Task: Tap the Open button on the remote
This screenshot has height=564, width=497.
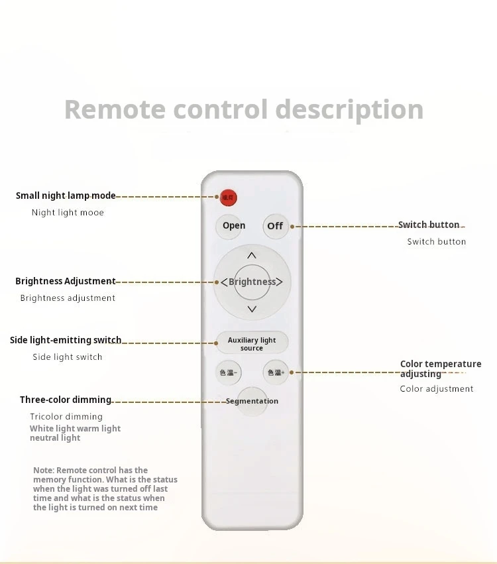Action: pos(234,226)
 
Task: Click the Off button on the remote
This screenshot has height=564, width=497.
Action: pos(275,226)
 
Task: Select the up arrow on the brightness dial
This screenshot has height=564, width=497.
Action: pos(252,255)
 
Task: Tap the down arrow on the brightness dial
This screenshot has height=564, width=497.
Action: pos(252,309)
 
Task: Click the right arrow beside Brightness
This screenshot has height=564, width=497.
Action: pos(280,282)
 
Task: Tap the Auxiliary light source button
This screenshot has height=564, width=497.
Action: pos(252,343)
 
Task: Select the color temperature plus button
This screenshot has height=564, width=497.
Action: pos(276,372)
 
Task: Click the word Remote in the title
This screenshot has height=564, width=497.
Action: pos(110,109)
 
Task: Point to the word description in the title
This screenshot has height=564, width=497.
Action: pos(349,110)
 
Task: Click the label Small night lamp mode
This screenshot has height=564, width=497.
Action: pos(66,196)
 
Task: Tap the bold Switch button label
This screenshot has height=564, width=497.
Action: pos(428,225)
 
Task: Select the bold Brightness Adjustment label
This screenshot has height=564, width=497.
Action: pos(66,282)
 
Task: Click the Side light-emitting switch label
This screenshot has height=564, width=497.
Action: pos(66,341)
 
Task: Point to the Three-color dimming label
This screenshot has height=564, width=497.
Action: pos(66,400)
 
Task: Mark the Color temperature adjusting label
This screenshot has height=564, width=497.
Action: pos(440,369)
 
